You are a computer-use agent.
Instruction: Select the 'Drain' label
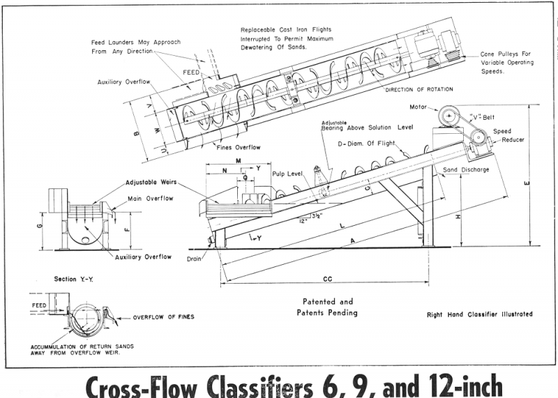coord(195,258)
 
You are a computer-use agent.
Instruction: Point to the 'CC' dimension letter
coord(326,279)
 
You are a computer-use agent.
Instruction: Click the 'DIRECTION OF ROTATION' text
coord(418,89)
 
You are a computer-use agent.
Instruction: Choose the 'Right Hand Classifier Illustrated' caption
coord(479,314)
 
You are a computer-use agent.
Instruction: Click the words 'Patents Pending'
coord(327,312)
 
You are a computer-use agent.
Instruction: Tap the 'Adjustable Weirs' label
coord(152,183)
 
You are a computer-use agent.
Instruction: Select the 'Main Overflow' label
coord(151,199)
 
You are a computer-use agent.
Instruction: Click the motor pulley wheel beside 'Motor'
coord(449,115)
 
